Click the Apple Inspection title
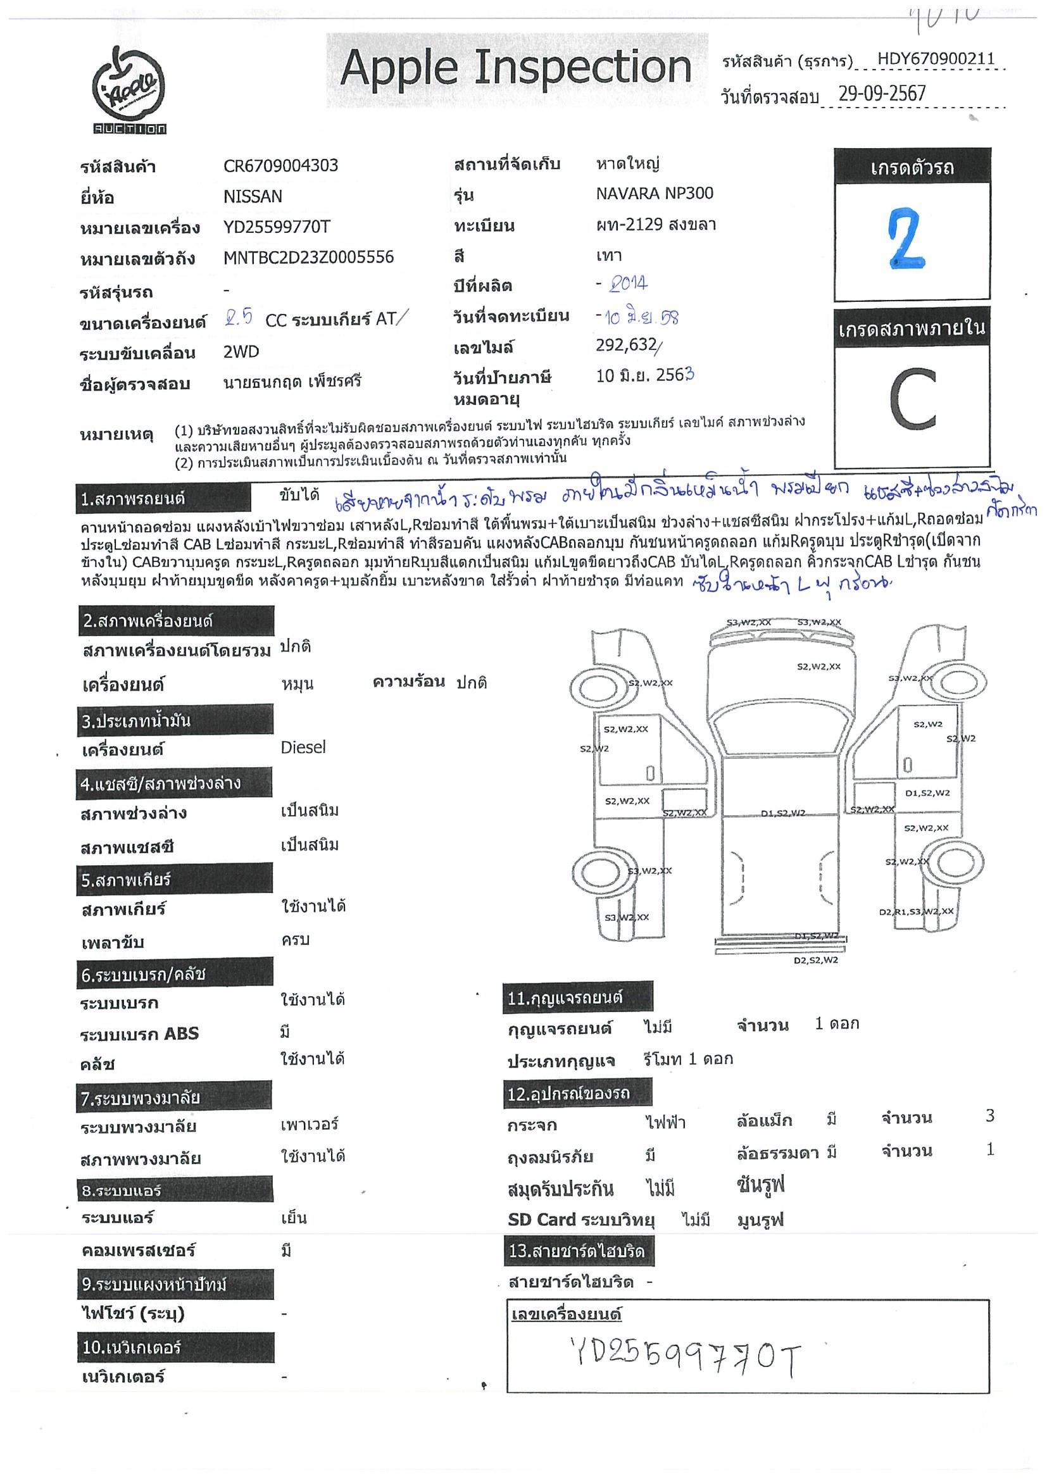click(x=515, y=68)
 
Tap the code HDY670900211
click(x=936, y=60)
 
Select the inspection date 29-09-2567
click(x=881, y=94)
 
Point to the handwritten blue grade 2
click(x=908, y=239)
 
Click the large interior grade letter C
click(x=912, y=401)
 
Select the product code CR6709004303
click(x=280, y=166)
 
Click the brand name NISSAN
click(x=252, y=197)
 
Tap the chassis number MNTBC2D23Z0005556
click(x=308, y=258)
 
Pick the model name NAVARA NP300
click(x=654, y=194)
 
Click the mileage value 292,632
click(x=626, y=346)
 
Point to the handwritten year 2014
click(x=627, y=284)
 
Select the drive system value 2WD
click(x=241, y=352)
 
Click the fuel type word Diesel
click(x=303, y=747)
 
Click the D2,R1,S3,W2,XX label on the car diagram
click(x=915, y=911)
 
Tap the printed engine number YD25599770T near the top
click(x=277, y=227)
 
